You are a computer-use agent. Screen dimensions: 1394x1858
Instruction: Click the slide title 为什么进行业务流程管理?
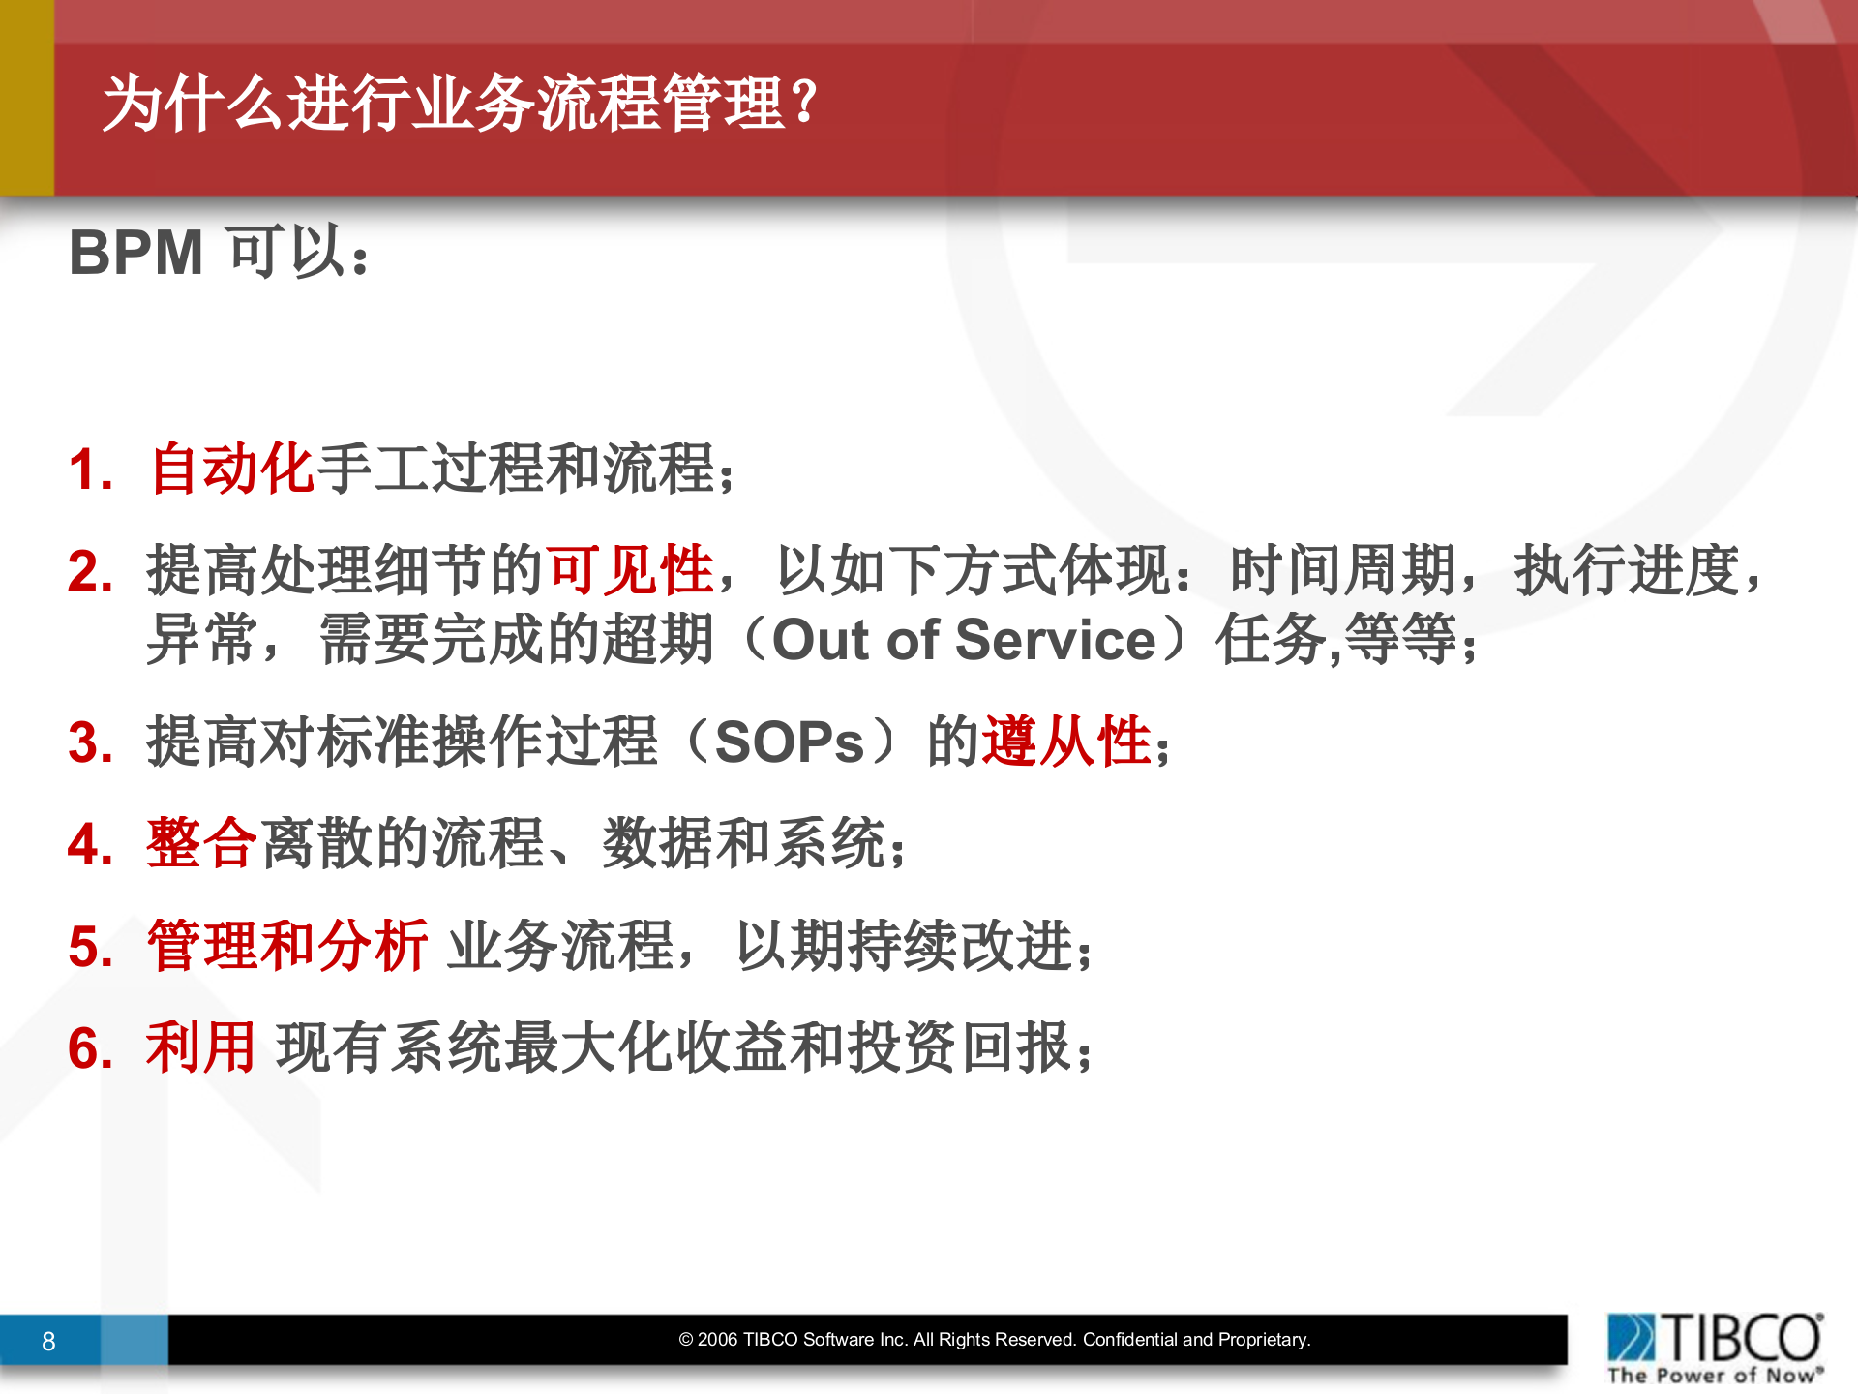pos(461,103)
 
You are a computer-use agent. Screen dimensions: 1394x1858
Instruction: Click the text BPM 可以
pos(219,253)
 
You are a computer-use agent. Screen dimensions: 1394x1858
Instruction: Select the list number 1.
pos(90,470)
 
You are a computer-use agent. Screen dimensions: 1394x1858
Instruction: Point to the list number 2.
pos(90,571)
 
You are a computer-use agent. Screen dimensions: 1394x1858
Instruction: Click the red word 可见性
pos(629,569)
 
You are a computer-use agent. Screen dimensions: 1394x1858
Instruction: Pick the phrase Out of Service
pos(964,640)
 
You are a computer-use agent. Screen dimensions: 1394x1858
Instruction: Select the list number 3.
pos(90,743)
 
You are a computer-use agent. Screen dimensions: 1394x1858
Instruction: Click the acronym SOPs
pos(789,742)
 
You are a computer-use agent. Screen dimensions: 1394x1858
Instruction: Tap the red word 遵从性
pos(1066,742)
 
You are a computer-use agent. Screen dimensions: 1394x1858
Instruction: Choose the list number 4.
pos(90,844)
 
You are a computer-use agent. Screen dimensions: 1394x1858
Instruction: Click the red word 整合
pos(201,843)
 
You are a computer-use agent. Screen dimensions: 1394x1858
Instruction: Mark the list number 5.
pos(90,947)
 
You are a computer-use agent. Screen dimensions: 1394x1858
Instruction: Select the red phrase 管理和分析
pos(287,946)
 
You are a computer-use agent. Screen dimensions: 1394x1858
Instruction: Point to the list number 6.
pos(90,1048)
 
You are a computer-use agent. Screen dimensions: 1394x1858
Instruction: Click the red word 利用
pos(200,1047)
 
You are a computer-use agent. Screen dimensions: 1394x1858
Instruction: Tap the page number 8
pos(48,1342)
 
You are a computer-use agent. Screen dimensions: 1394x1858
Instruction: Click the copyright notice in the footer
pos(994,1340)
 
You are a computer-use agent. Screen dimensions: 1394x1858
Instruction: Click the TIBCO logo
pos(1714,1337)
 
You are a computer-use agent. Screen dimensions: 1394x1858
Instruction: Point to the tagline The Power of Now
pos(1714,1375)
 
